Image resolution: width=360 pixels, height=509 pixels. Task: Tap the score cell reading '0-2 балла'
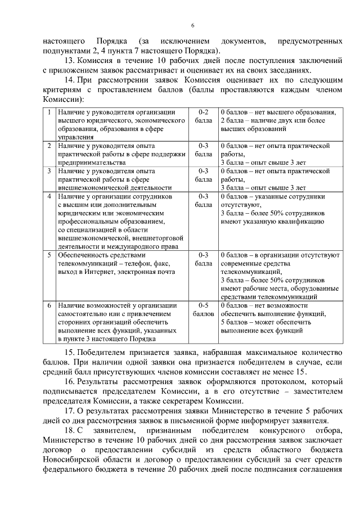point(204,116)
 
